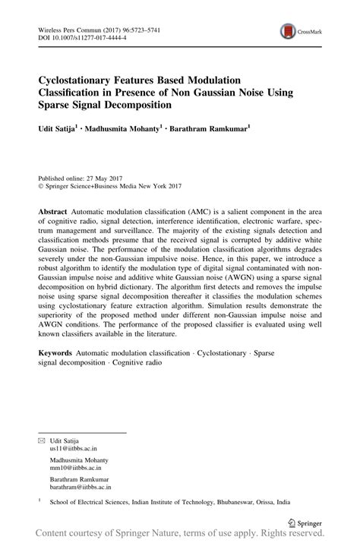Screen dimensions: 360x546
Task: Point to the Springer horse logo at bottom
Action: (x=294, y=522)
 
